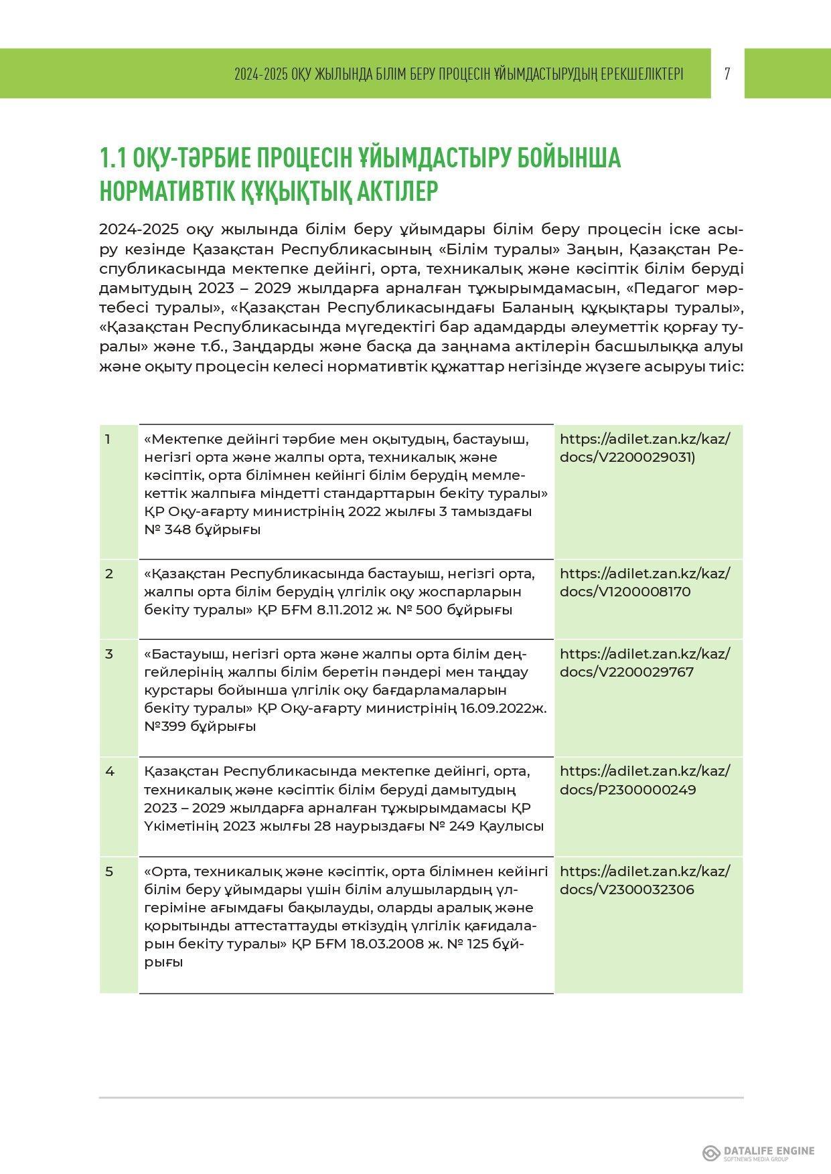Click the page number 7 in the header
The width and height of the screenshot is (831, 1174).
[x=727, y=74]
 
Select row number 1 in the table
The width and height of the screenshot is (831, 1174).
[x=108, y=440]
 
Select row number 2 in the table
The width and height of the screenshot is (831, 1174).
[x=108, y=574]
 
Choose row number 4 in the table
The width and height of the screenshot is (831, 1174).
[x=109, y=772]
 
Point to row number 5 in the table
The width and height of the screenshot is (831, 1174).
[x=108, y=871]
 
